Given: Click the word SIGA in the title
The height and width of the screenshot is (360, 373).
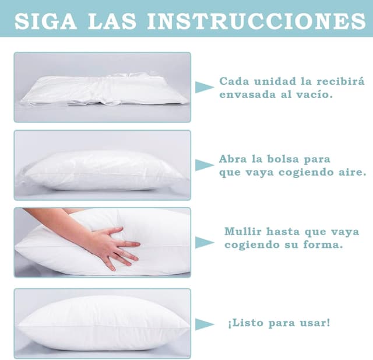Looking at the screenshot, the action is point(45,21).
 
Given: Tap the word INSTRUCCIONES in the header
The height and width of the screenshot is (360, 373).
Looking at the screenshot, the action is point(256,21).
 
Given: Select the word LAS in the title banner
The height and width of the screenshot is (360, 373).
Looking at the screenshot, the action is point(112,21).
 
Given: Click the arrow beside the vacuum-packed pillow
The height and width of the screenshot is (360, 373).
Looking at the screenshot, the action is point(205,87).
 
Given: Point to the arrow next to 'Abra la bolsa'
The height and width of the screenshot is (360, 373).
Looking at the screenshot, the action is point(205,165).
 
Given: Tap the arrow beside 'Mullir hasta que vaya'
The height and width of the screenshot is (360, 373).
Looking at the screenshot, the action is point(205,243).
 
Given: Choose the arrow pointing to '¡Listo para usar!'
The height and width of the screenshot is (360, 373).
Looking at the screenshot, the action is point(205,324).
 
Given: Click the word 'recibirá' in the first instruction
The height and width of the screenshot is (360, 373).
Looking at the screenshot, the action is point(340,81).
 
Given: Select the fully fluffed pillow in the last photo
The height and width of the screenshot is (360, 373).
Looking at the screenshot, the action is point(103,323).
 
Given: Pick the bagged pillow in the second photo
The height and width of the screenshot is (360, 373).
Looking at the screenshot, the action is point(103,170).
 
